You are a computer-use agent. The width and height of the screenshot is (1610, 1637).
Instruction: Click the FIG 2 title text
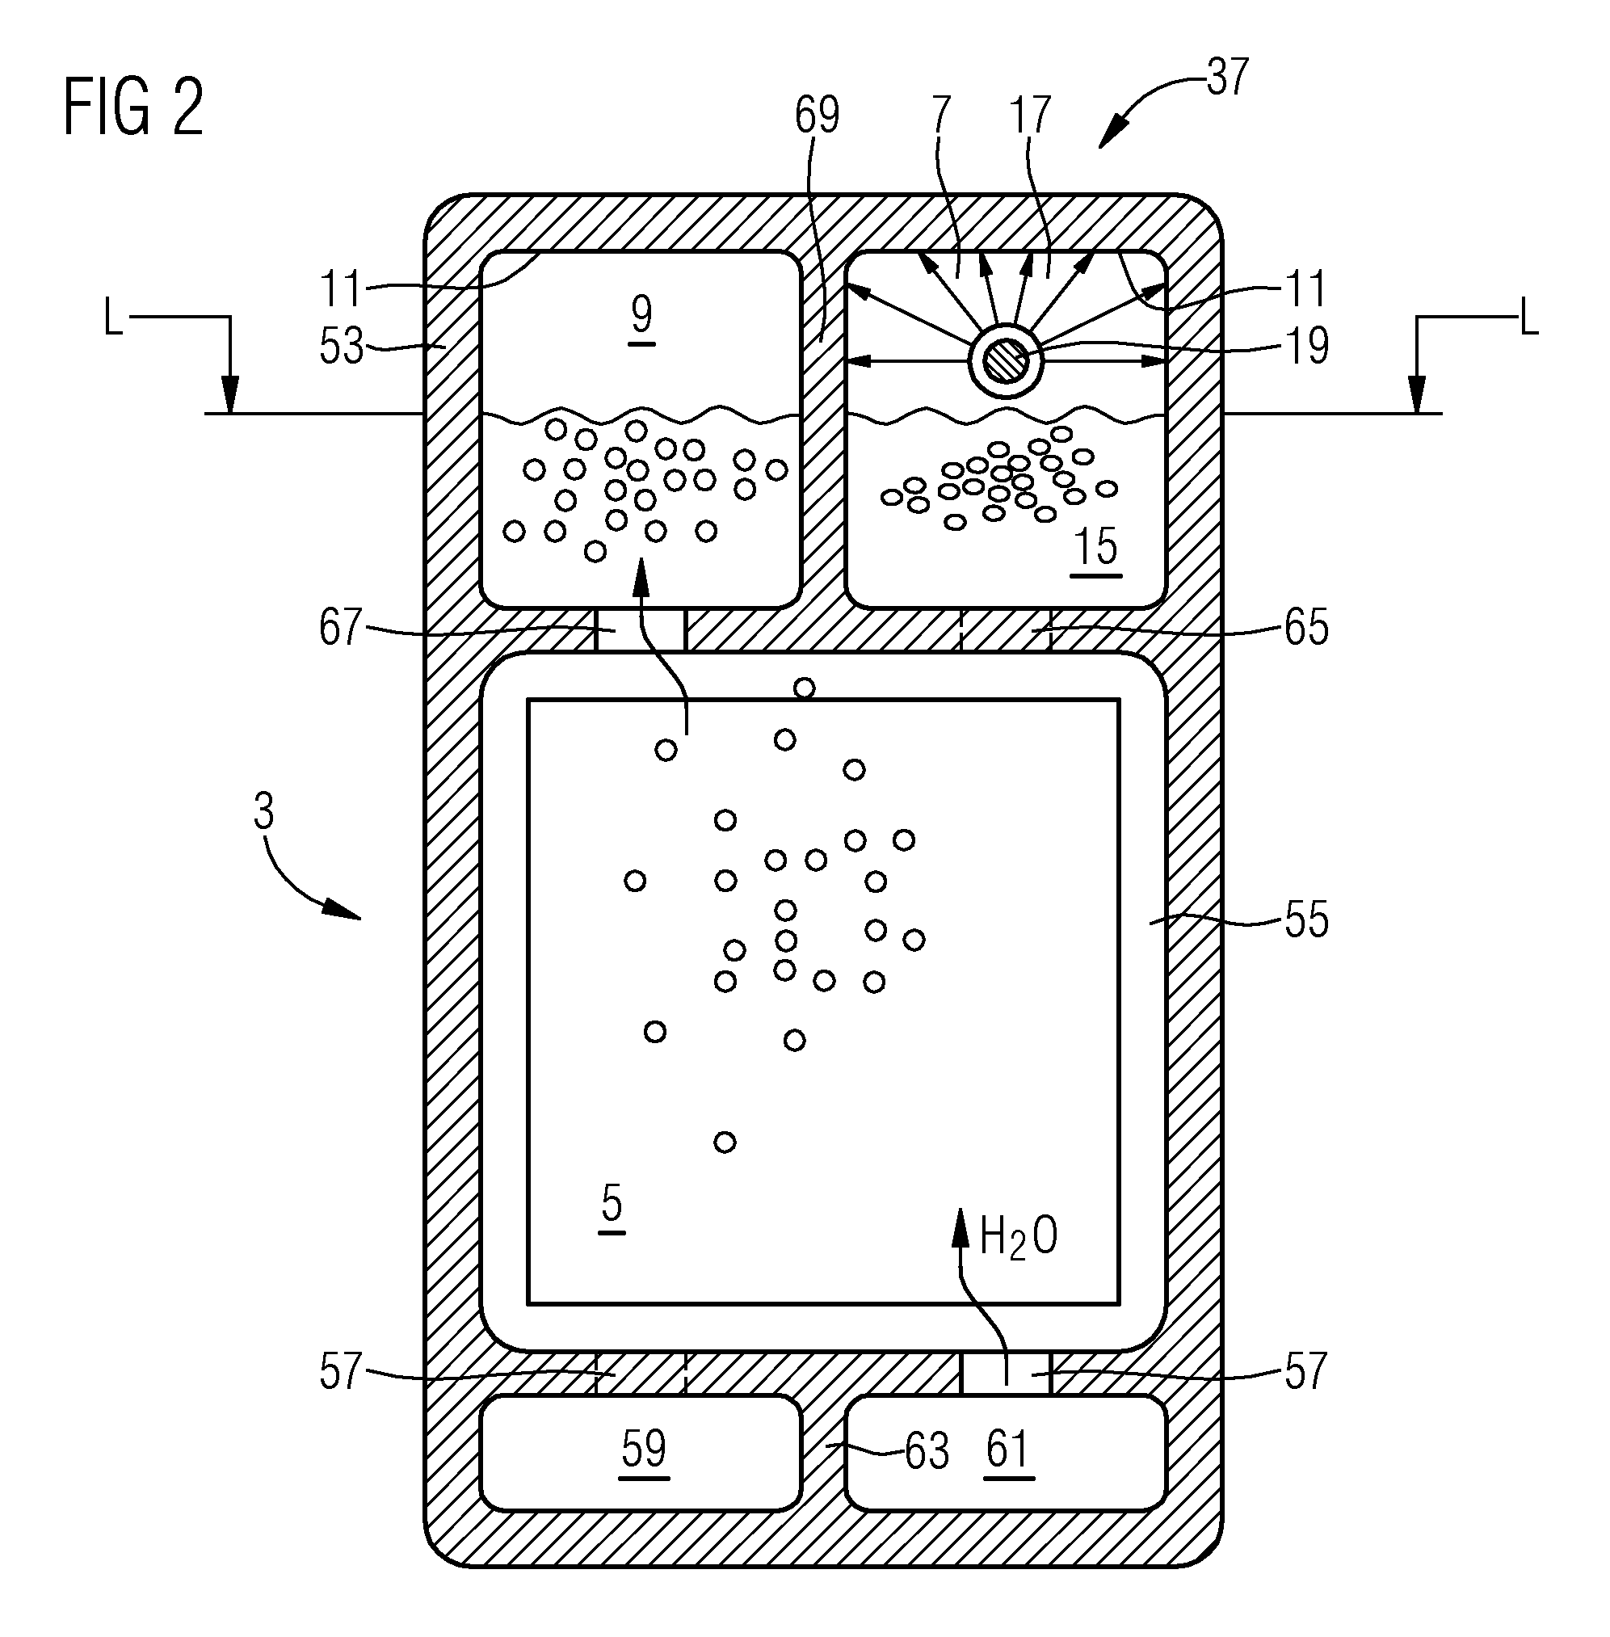point(133,107)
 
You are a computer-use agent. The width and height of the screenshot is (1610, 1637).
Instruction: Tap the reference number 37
point(1227,77)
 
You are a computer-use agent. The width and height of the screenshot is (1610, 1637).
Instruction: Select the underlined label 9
point(641,319)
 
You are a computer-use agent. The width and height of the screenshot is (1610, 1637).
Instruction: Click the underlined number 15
point(1096,549)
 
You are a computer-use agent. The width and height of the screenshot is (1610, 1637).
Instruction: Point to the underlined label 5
point(612,1206)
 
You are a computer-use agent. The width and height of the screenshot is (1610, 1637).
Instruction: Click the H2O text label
point(1019,1237)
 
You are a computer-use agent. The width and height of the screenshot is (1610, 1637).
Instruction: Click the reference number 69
point(817,115)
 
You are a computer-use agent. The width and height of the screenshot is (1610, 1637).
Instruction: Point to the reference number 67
point(341,627)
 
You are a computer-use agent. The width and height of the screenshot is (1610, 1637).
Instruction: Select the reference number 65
point(1306,627)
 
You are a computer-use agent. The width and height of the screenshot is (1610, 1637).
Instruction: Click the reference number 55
point(1306,920)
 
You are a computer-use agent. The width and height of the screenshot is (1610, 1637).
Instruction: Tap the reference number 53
point(341,346)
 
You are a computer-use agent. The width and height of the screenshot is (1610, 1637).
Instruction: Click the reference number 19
point(1306,346)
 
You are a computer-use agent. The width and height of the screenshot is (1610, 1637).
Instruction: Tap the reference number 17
point(1031,115)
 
